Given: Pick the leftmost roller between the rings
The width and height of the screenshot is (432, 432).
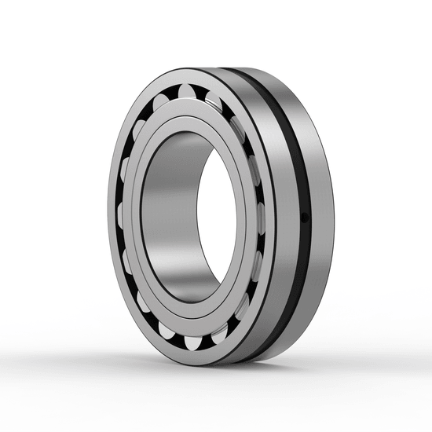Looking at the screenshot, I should (x=123, y=214).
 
